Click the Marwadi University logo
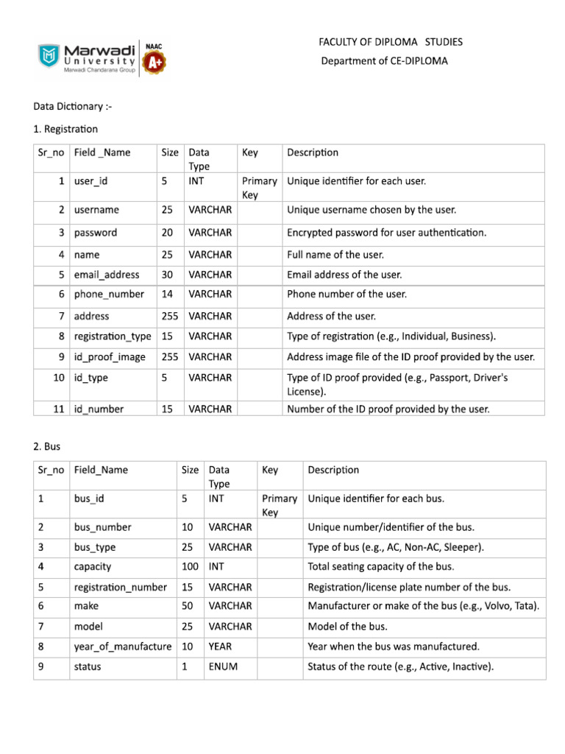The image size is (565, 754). click(87, 56)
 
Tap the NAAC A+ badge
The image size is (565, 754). click(155, 57)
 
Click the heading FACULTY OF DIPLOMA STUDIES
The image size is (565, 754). click(391, 42)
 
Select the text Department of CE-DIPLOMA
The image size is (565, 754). click(384, 61)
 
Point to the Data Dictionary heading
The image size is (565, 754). click(73, 108)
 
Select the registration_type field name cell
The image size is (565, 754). click(113, 337)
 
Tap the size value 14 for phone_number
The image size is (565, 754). click(167, 295)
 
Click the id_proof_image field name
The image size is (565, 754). click(110, 357)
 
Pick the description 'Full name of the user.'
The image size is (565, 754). click(335, 255)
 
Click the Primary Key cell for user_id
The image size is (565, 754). click(260, 187)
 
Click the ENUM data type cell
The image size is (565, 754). click(223, 667)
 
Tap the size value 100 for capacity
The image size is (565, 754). click(191, 567)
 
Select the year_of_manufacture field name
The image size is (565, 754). click(123, 647)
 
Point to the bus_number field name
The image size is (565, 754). click(103, 527)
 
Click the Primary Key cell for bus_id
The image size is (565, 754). click(280, 505)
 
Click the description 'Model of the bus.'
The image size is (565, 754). click(347, 627)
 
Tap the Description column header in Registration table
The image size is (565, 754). click(313, 152)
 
